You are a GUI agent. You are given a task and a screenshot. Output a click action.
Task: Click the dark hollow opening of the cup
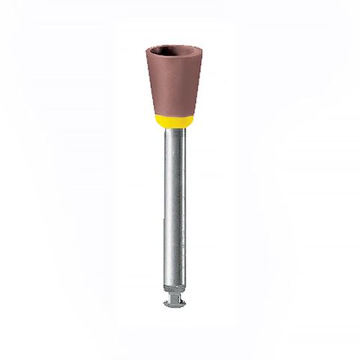coord(172,54)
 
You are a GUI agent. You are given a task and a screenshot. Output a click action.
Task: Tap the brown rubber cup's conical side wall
coord(172,90)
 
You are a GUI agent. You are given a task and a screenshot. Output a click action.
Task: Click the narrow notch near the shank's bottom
coord(172,295)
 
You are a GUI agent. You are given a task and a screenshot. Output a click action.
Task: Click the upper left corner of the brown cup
coord(147,51)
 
